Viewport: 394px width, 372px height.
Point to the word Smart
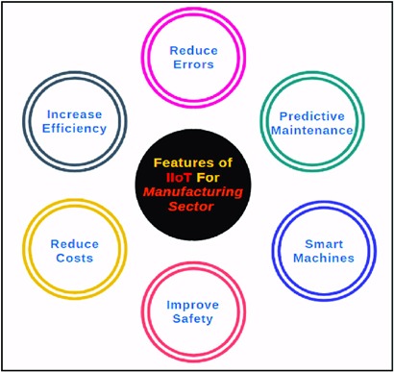pos(323,243)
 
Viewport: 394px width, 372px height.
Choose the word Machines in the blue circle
pos(323,258)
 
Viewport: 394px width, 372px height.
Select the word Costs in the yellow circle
pos(75,260)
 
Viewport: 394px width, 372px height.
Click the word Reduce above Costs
pos(75,244)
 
